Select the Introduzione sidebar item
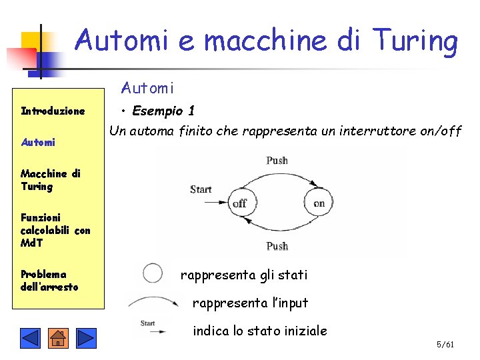tap(53, 111)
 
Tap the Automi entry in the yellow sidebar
tap(38, 142)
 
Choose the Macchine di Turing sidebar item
tap(50, 180)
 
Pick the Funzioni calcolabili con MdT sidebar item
tap(55, 230)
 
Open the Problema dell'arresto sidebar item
tap(49, 280)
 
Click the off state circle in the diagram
tap(239, 203)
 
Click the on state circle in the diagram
tap(319, 202)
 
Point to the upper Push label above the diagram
tap(277, 161)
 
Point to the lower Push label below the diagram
tap(277, 246)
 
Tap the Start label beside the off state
tap(201, 189)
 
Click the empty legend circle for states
tap(153, 273)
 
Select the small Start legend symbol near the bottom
tap(148, 324)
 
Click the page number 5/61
tap(445, 345)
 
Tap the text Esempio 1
tap(163, 111)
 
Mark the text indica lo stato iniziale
tap(259, 331)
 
